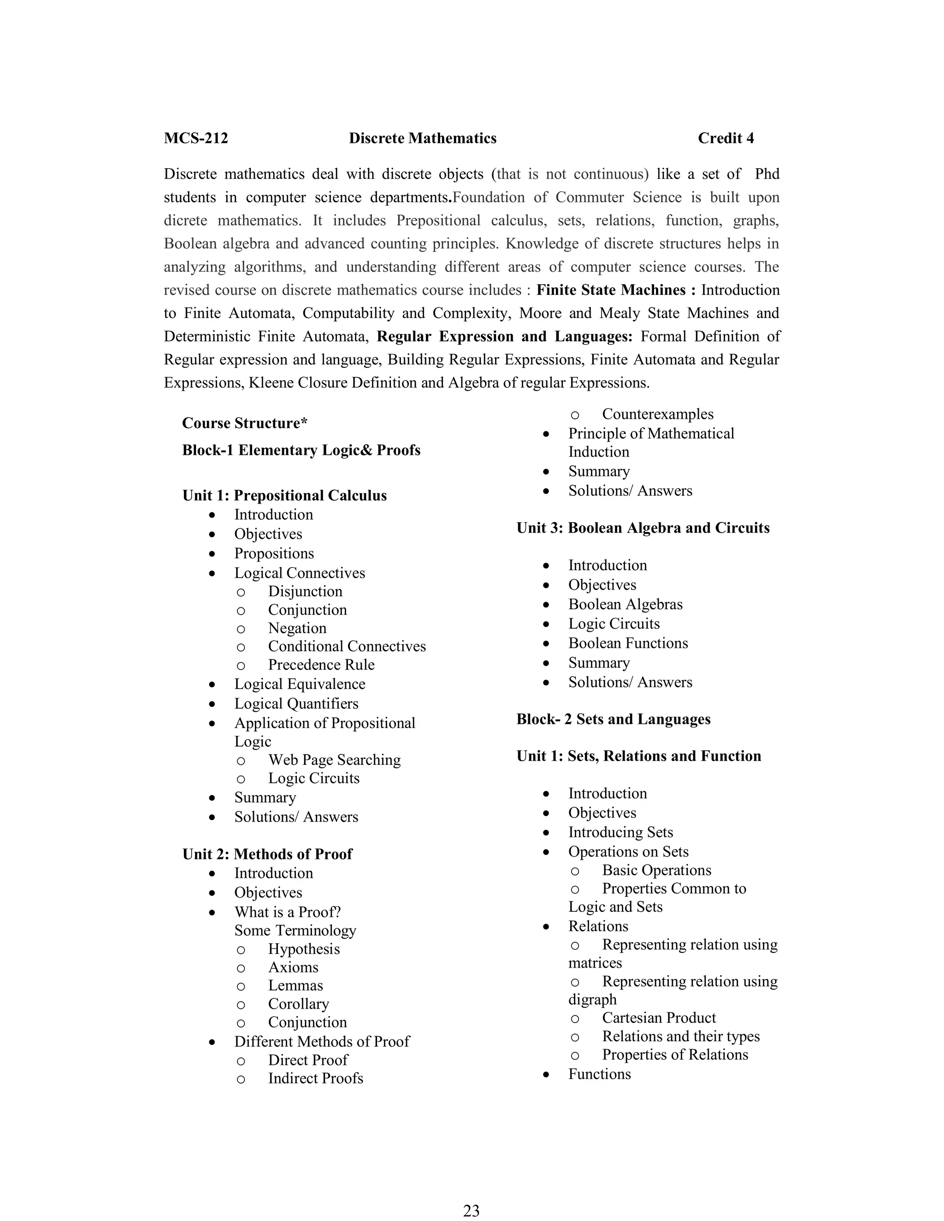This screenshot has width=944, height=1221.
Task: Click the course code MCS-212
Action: tap(196, 138)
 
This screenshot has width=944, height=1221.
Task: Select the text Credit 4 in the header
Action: tap(726, 138)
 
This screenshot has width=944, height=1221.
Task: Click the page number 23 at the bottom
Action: tap(472, 1210)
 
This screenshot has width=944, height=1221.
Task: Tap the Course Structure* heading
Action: tap(244, 423)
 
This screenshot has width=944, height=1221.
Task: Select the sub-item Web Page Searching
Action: tap(334, 760)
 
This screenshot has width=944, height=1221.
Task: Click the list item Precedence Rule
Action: tap(321, 665)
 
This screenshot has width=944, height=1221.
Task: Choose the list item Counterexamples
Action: tap(657, 414)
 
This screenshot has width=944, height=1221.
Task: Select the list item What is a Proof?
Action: tap(288, 912)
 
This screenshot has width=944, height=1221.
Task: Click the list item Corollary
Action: tap(298, 1004)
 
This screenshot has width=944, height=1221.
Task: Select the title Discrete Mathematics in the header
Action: tap(422, 138)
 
